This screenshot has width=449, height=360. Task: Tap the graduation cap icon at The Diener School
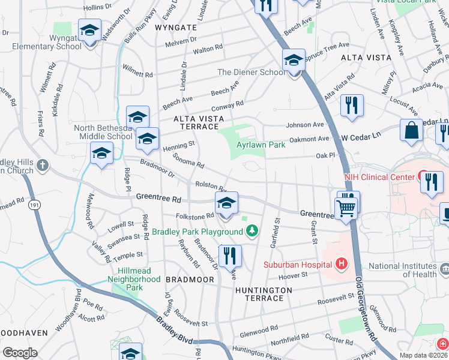click(x=294, y=61)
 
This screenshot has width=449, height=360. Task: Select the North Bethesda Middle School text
click(x=103, y=132)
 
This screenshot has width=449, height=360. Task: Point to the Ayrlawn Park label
click(x=260, y=145)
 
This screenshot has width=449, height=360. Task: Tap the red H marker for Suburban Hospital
click(x=342, y=263)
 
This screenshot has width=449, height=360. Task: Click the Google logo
click(x=20, y=353)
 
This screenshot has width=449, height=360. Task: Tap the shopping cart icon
click(x=346, y=209)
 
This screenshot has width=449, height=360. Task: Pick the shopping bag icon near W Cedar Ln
click(x=412, y=130)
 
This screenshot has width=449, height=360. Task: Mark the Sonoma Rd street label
click(x=188, y=160)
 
